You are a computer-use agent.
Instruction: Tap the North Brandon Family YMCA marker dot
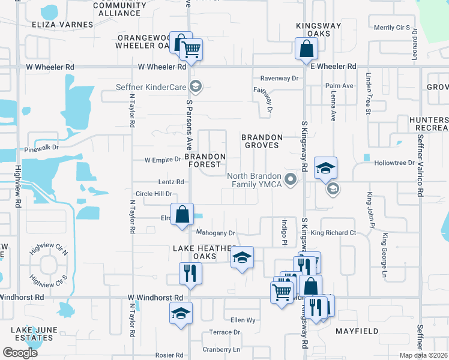pos(291,179)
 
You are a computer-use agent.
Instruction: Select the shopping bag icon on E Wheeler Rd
pos(306,49)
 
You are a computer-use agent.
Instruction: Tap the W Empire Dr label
pos(163,160)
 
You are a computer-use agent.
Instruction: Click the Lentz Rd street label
pos(171,182)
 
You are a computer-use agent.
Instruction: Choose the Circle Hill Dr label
pos(154,194)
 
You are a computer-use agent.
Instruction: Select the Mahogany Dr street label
pos(215,233)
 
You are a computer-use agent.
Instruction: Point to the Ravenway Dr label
pos(279,79)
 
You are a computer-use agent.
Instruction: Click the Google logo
pos(20,352)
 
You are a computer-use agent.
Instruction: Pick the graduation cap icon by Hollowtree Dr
pos(325,168)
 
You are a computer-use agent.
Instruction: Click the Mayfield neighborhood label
pos(357,331)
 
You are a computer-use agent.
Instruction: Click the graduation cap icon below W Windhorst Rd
pos(181,314)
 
